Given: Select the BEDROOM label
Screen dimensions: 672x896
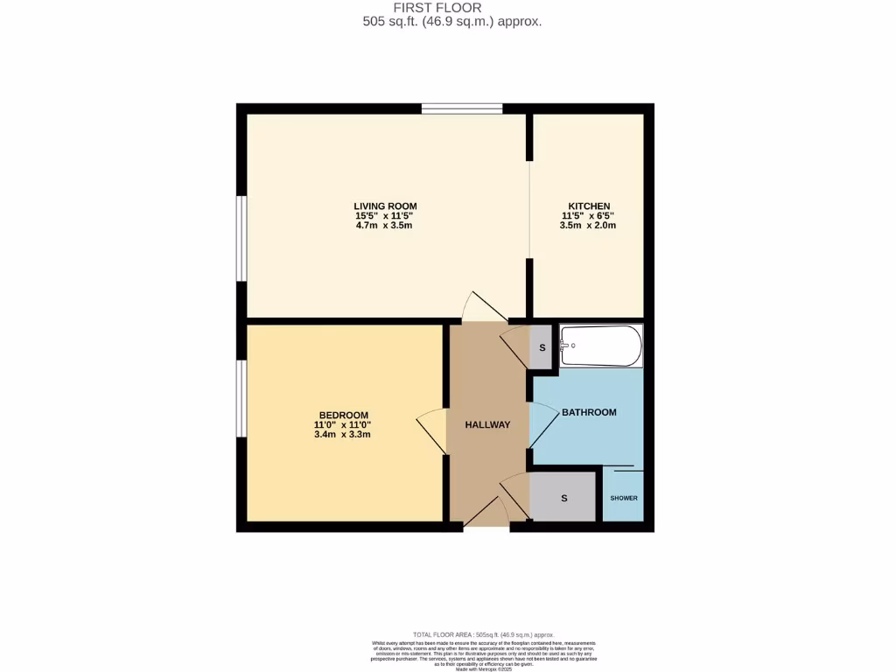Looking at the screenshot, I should point(343,415).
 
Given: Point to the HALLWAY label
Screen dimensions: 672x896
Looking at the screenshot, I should point(487,425).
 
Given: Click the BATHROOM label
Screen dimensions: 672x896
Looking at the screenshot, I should point(589,412).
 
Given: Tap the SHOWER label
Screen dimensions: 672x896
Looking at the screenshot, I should point(624,499).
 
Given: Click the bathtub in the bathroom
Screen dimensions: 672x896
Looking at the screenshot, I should point(601,346).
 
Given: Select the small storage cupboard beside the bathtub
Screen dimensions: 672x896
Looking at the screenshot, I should point(542,348).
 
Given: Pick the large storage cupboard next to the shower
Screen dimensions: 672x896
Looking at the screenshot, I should point(564,498).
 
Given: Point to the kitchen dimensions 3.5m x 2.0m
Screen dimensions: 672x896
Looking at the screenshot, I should point(588,226).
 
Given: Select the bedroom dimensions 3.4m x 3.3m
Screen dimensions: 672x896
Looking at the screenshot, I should point(343,434).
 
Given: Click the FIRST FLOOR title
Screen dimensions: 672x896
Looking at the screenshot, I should point(450,8).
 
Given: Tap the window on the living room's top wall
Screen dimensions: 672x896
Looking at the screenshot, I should point(462,108).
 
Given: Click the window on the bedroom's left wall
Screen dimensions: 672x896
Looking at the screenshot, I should point(241,398).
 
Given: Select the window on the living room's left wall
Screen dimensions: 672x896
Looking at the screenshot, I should point(241,238).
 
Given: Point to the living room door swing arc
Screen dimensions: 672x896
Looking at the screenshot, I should point(481,307).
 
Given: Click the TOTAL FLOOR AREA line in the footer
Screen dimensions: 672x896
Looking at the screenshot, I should point(483,634).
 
